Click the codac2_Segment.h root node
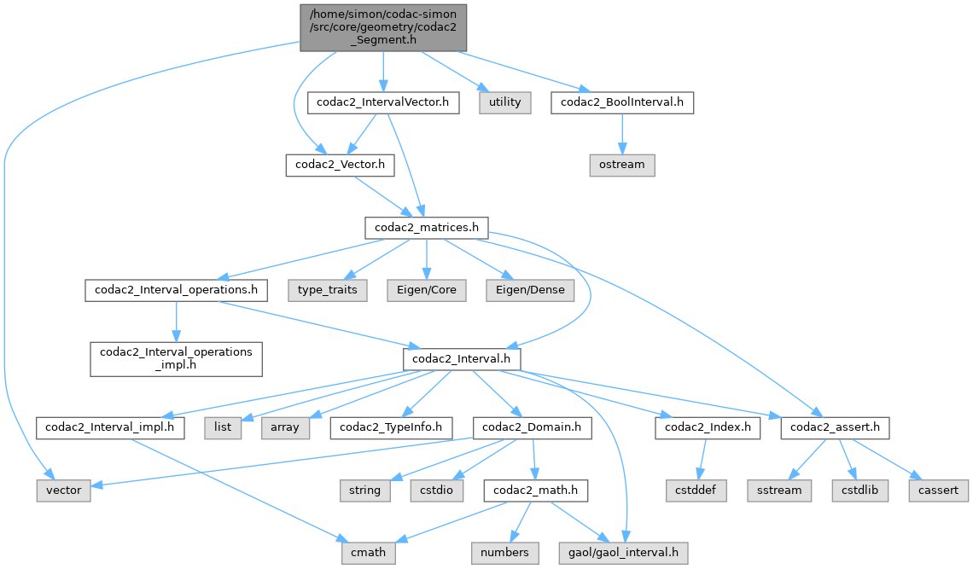pos(384,26)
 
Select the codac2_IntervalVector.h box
pos(383,102)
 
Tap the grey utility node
pos(504,102)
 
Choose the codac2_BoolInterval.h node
pos(621,102)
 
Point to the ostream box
pos(621,165)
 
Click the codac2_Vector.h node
pos(340,165)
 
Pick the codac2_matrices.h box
pos(426,228)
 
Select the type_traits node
pos(328,290)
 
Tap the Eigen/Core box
pos(427,290)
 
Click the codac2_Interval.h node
pos(461,359)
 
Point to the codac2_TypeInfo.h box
pos(392,427)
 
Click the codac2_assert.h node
pos(835,427)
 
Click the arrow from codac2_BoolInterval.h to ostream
pos(621,133)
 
